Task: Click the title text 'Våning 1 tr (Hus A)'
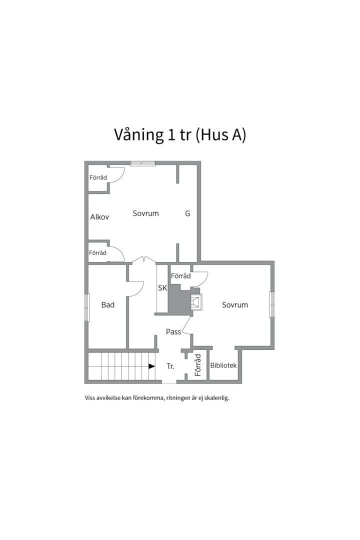(180, 135)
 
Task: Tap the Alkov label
(99, 217)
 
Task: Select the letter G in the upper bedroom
(187, 213)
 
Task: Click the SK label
(162, 288)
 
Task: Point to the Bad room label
(107, 305)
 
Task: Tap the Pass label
(173, 332)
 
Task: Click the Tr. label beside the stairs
(170, 366)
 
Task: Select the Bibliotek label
(223, 365)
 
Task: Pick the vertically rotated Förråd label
(197, 365)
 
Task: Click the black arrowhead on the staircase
(151, 366)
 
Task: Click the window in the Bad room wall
(87, 307)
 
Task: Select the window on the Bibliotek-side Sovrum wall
(272, 304)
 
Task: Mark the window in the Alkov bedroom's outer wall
(142, 163)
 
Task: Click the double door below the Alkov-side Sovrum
(143, 259)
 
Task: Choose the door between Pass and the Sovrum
(187, 327)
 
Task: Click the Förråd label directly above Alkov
(98, 177)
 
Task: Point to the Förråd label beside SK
(180, 276)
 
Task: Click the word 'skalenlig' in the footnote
(215, 398)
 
